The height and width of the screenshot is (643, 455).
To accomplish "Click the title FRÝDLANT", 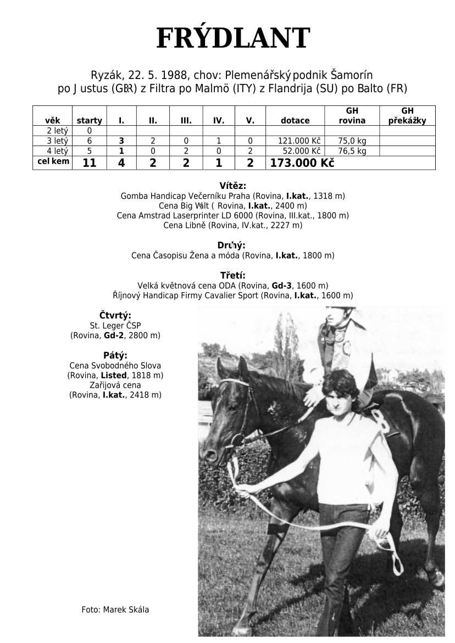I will point(233,38).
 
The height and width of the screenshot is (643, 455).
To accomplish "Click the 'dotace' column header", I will point(295,121).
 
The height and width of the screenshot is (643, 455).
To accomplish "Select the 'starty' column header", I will point(89,121).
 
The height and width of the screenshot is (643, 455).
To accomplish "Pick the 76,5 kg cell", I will point(352,150).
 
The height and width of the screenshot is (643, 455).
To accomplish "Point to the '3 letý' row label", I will point(53,141).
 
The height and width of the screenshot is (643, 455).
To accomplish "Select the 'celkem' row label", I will point(53,161).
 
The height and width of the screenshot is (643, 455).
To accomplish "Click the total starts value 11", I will point(89,163).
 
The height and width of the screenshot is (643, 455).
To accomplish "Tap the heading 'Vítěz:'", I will point(232,186).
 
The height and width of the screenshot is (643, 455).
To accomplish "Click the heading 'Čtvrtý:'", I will point(115,315).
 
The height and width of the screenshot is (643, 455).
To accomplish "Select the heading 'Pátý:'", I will point(115,355).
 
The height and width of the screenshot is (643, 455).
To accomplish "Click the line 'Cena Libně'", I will point(232,225).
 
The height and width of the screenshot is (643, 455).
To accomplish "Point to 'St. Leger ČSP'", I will point(115,325).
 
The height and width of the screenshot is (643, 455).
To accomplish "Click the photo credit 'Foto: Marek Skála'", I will point(115,610).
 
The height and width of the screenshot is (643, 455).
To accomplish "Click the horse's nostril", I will point(208,454).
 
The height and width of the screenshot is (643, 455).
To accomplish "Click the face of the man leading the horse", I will point(341,399).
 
